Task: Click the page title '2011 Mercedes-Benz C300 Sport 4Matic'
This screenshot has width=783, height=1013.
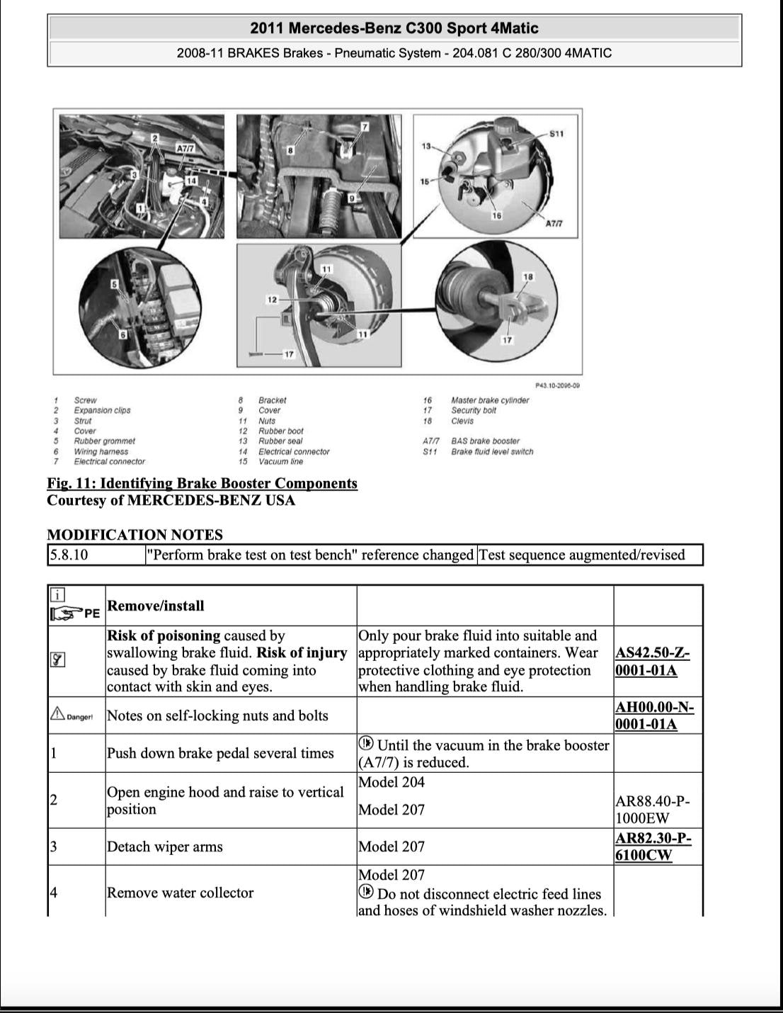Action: pyautogui.click(x=394, y=28)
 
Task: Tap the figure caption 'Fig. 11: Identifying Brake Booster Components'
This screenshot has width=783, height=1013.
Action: pyautogui.click(x=202, y=483)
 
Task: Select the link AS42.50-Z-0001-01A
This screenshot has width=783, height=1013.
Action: pyautogui.click(x=652, y=662)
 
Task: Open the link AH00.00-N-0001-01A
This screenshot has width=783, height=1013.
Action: pyautogui.click(x=654, y=715)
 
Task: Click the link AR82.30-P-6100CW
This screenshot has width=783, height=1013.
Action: pyautogui.click(x=653, y=847)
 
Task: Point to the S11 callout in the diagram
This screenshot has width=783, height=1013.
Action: pyautogui.click(x=556, y=133)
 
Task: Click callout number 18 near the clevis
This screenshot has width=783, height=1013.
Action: pyautogui.click(x=528, y=276)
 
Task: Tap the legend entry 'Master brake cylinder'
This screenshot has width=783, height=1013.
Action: pyautogui.click(x=490, y=400)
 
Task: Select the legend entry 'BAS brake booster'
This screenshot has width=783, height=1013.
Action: pyautogui.click(x=485, y=441)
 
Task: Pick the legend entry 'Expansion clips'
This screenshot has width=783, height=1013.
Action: pyautogui.click(x=102, y=410)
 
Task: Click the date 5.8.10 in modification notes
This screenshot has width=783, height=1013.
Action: pyautogui.click(x=69, y=555)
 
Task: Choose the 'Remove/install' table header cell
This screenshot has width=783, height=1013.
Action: pyautogui.click(x=156, y=606)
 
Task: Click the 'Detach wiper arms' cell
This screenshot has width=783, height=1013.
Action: pyautogui.click(x=164, y=847)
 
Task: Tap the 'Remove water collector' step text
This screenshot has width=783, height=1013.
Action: pyautogui.click(x=180, y=893)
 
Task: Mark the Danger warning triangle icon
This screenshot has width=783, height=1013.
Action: pyautogui.click(x=57, y=715)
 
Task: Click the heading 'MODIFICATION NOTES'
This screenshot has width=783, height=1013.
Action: pyautogui.click(x=135, y=535)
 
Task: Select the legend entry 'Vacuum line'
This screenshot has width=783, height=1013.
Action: pyautogui.click(x=280, y=462)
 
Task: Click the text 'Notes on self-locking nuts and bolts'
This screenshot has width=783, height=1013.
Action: pyautogui.click(x=217, y=715)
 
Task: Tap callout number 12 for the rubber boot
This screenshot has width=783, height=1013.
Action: pyautogui.click(x=272, y=300)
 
